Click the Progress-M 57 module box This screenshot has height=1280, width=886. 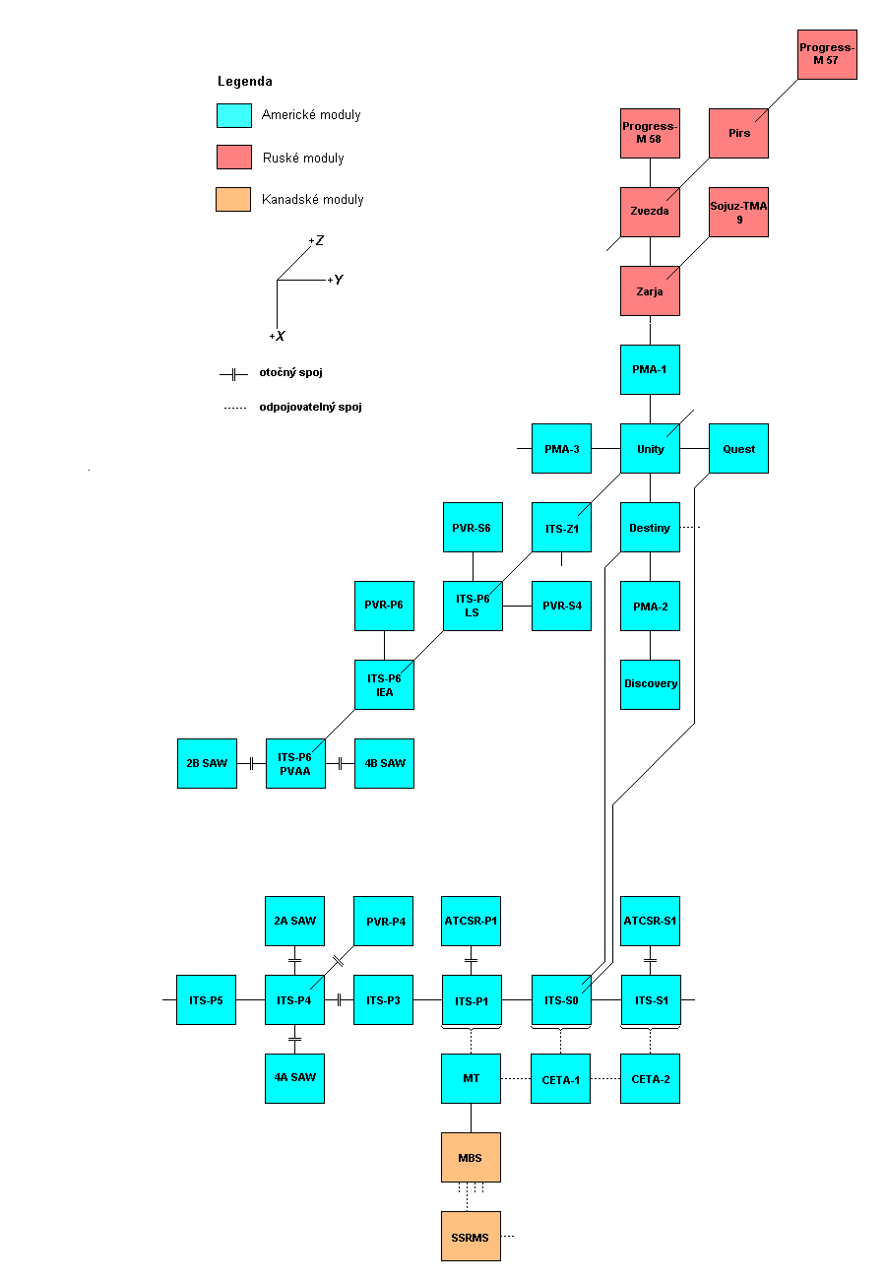(x=827, y=54)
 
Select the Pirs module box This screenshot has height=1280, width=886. (x=738, y=133)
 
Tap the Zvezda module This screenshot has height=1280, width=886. (x=650, y=212)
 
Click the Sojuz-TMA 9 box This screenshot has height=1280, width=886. (x=738, y=212)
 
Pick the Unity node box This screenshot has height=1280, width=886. (x=650, y=448)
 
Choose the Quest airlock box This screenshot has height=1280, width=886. (x=738, y=448)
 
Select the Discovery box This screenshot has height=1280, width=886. (x=650, y=684)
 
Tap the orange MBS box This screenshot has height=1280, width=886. (x=471, y=1157)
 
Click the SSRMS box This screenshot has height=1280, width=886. (x=471, y=1236)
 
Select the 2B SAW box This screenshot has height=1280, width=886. (x=207, y=763)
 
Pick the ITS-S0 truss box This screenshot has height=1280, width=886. (x=561, y=999)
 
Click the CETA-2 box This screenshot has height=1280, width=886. (x=650, y=1078)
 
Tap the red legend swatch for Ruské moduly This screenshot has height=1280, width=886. (x=234, y=157)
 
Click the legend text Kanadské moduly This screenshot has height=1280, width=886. (x=312, y=199)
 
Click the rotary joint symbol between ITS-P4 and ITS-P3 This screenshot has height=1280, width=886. (x=339, y=999)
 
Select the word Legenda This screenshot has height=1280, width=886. (x=245, y=82)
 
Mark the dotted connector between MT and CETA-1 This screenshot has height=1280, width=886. (x=516, y=1079)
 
